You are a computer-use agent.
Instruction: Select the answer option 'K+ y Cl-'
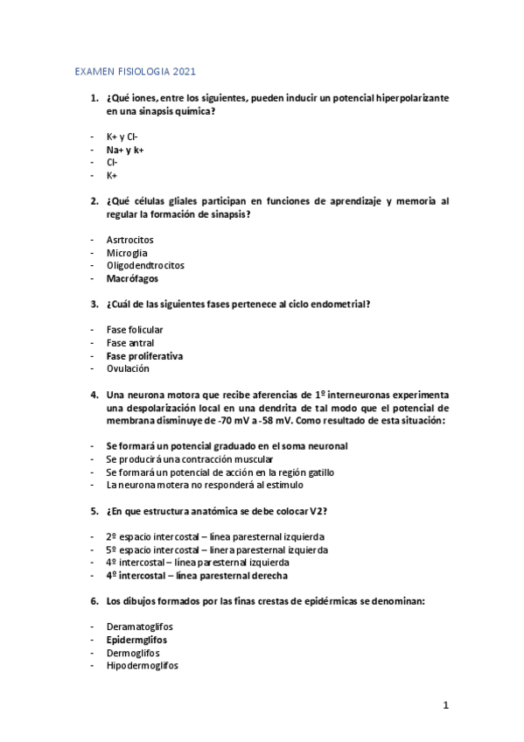coord(122,137)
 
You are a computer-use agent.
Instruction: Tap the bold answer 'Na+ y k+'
coord(125,150)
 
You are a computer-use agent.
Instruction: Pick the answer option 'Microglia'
coord(128,253)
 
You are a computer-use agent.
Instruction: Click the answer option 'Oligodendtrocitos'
coord(145,265)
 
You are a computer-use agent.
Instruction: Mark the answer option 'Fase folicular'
coord(135,330)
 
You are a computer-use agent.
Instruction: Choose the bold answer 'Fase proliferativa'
coord(144,356)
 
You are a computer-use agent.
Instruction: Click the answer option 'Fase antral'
coord(129,343)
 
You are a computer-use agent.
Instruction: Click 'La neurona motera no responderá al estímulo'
coord(204,484)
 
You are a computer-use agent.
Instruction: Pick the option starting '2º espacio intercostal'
coord(215,536)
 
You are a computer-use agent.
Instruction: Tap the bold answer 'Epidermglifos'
coord(137,640)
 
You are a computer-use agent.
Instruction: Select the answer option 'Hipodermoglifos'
coord(142,665)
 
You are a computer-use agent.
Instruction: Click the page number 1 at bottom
coord(445,705)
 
